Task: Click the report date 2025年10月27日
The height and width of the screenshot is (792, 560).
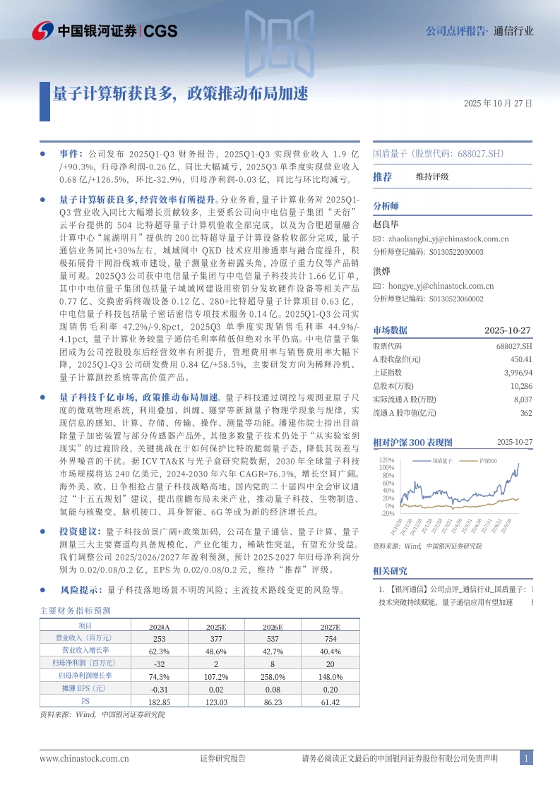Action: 498,103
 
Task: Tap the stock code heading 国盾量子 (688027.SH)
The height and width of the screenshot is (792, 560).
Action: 438,153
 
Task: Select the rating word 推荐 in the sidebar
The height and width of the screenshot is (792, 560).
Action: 383,176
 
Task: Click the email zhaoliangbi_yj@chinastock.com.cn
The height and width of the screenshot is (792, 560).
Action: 445,239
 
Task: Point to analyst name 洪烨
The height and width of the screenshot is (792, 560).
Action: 382,271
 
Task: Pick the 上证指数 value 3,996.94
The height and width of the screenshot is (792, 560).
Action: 518,372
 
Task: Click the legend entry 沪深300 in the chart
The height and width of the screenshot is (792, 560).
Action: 488,461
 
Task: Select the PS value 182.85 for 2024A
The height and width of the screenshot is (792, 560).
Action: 160,702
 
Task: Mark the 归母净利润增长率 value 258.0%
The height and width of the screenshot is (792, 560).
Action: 273,676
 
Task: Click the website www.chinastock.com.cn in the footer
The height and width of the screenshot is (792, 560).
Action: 84,758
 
